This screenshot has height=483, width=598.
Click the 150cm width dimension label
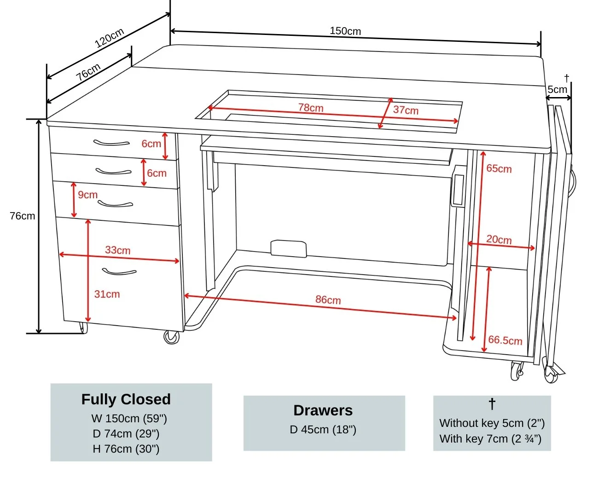tap(345, 31)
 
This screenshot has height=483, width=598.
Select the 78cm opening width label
tap(311, 108)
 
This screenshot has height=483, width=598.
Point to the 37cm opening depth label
tap(406, 110)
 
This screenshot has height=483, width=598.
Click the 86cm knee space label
tap(328, 299)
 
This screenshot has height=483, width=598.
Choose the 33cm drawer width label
tap(117, 250)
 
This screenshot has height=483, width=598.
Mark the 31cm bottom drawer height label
tap(107, 294)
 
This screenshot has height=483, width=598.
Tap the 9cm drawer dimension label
tap(87, 195)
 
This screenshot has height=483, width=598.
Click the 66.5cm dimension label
tap(505, 340)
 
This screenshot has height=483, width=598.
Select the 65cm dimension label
tap(499, 168)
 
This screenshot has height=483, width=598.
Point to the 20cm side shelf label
tap(499, 240)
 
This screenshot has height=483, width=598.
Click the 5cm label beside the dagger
tap(557, 89)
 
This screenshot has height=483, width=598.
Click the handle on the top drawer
tap(111, 143)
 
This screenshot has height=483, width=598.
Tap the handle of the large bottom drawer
tap(119, 272)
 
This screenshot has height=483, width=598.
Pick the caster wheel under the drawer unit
tap(171, 337)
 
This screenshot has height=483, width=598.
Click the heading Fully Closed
tap(126, 399)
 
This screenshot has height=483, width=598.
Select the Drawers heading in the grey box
tap(323, 410)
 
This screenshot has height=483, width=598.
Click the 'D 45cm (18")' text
tap(323, 429)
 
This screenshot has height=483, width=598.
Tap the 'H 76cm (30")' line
tap(126, 448)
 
